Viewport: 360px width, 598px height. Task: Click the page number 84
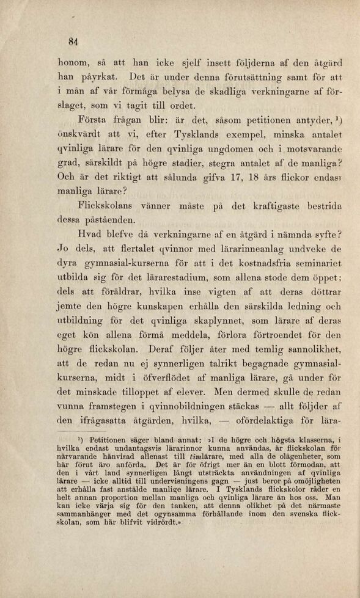[75, 42]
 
